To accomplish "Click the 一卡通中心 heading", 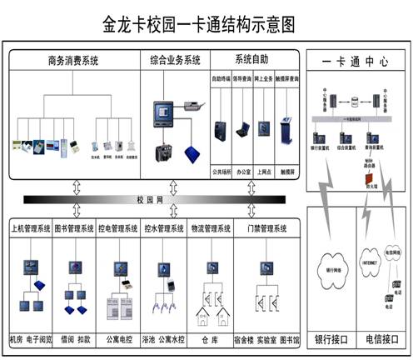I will tap(356, 62).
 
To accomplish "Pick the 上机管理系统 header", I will tap(30, 227).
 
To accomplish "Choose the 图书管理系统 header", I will tap(73, 227).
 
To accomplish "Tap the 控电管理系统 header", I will tap(118, 227).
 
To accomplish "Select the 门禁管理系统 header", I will tap(266, 227).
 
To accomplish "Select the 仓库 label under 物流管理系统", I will tap(210, 341).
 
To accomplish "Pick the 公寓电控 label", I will tap(119, 341).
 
